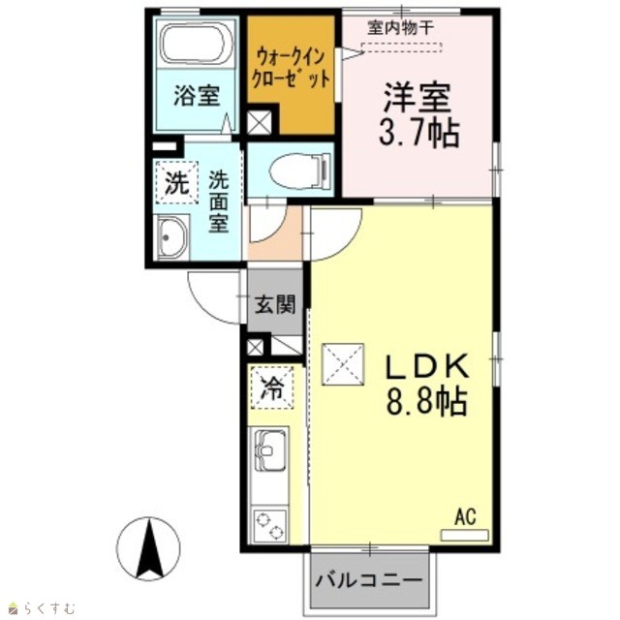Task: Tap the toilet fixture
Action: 300,170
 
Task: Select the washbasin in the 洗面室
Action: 172,237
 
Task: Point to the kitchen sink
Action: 270,449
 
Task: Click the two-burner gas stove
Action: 270,526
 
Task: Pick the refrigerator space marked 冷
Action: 272,387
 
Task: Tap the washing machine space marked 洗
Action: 176,183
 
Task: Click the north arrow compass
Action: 148,549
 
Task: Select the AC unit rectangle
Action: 465,536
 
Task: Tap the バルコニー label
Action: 369,580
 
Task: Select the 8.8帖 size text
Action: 427,401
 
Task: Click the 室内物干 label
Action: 401,28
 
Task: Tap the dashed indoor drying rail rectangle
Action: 401,47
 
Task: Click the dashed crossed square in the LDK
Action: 343,364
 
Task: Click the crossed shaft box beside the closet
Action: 259,122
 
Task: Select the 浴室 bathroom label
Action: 197,96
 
